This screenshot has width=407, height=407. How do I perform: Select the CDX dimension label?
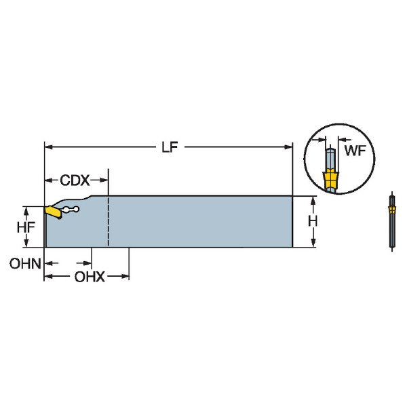click(75, 180)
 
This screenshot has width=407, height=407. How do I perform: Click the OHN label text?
click(25, 263)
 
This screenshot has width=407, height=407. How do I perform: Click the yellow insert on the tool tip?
click(52, 212)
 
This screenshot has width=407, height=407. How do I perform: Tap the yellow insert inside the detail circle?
click(330, 180)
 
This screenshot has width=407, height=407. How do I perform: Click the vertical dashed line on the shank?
click(109, 222)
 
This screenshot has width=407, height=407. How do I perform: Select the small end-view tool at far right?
click(391, 222)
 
